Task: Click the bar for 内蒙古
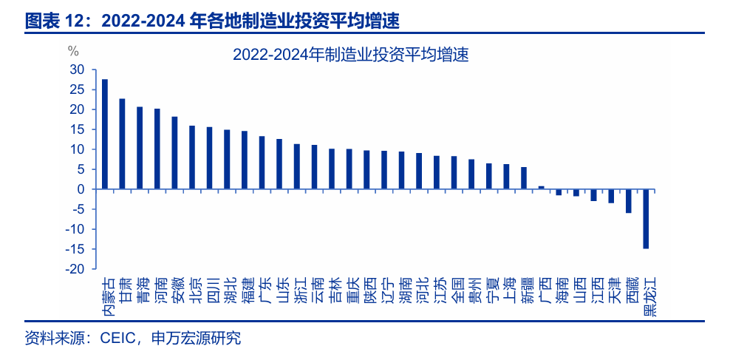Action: [105, 134]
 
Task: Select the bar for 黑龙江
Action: [646, 219]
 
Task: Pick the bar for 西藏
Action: [629, 201]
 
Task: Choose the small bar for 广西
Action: [542, 187]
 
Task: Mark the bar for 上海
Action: [506, 177]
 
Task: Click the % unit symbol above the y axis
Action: [72, 51]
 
